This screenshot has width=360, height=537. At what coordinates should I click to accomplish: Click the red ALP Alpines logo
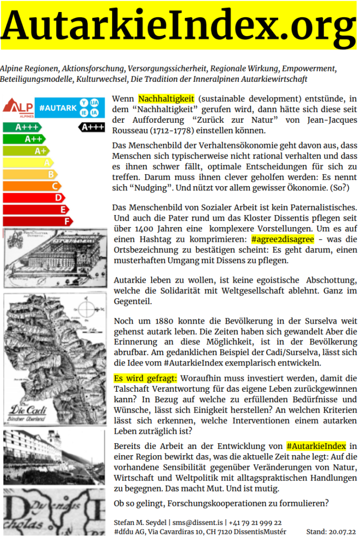18,107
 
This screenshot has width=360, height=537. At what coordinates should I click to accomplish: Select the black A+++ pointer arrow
91,126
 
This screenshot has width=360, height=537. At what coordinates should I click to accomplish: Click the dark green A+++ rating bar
22,127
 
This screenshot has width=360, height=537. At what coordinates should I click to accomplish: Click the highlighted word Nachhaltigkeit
166,99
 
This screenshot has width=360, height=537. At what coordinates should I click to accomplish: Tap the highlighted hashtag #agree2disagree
282,239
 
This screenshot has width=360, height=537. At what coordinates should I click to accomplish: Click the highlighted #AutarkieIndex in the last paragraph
316,446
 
